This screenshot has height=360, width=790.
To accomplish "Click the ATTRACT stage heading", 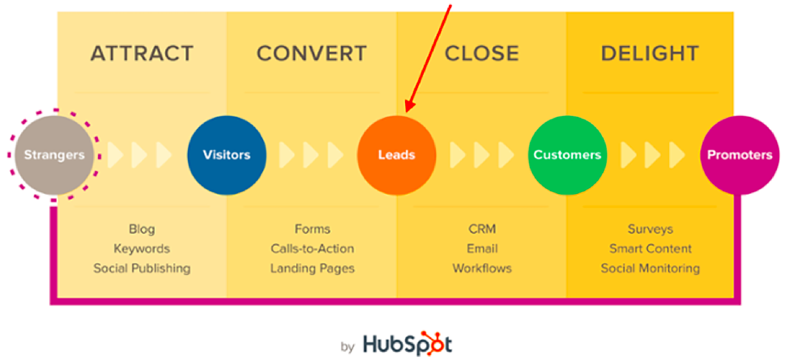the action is click(142, 54).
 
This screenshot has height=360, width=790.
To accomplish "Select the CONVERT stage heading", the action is click(312, 54).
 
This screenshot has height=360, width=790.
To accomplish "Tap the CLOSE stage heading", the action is click(482, 54).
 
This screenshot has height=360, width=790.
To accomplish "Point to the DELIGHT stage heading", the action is click(650, 54).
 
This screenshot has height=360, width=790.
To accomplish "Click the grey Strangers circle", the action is click(54, 155).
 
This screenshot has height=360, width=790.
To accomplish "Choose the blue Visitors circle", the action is click(227, 155).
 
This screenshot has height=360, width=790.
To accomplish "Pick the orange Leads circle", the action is click(397, 155).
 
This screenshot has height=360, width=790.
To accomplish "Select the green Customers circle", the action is click(568, 155).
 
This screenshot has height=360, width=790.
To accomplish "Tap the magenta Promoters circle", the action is click(740, 155).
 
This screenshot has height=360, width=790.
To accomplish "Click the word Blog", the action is click(142, 229).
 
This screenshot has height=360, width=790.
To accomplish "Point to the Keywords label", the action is click(142, 249).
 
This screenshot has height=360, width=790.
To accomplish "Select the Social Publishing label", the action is click(142, 268).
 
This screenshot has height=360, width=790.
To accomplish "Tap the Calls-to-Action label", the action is click(312, 249).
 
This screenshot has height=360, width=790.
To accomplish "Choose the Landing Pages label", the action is click(312, 268).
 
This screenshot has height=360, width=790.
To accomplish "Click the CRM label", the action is click(482, 229).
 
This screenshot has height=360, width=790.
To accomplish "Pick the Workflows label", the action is click(482, 268).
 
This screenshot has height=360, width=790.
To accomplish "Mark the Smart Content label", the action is click(651, 249).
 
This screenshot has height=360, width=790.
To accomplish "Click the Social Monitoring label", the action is click(651, 268).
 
